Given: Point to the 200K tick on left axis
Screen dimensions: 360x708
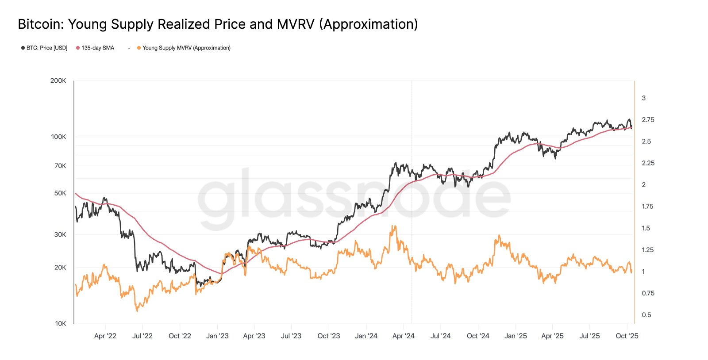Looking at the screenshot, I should [58, 80].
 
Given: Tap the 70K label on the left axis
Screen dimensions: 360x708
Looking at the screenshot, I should [60, 166].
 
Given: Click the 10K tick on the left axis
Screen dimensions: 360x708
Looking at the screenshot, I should [60, 323].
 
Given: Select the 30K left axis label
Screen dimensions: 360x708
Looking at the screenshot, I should [60, 234].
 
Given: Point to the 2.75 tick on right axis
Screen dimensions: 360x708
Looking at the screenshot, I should [648, 120].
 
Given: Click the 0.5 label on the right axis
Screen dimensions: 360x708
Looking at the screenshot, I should [646, 315].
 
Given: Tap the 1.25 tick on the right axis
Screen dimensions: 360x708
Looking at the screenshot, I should [647, 250].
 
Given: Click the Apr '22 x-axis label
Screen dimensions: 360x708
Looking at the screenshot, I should [105, 336].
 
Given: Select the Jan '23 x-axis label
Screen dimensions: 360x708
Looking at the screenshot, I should [217, 336].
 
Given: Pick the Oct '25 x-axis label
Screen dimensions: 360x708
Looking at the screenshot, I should [627, 336].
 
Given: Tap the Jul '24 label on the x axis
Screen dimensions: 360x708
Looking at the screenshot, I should [440, 336].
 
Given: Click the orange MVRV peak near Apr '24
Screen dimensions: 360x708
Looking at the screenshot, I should [393, 226].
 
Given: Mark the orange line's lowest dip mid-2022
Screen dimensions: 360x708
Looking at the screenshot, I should [137, 310].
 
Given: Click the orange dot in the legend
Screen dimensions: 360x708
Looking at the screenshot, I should [139, 48].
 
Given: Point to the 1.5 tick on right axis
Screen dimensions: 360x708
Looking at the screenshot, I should [646, 228].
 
